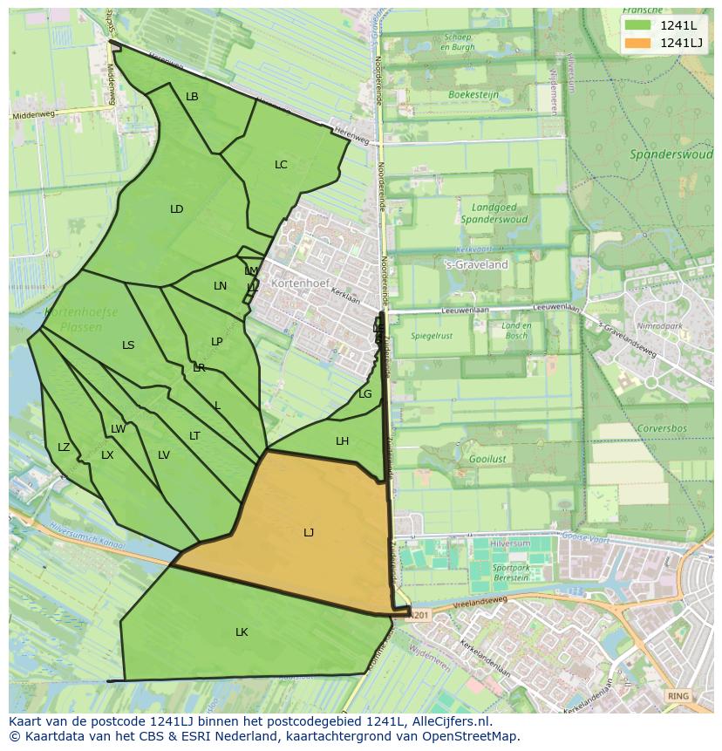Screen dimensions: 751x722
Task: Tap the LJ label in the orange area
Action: click(309, 532)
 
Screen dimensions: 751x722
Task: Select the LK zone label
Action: click(242, 632)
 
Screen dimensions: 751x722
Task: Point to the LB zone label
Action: click(192, 97)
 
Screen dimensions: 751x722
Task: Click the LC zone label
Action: click(281, 164)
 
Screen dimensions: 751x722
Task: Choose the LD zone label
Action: click(177, 208)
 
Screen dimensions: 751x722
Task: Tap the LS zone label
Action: click(128, 345)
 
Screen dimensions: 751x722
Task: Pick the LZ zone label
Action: click(64, 447)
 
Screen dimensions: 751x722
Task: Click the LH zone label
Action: click(342, 441)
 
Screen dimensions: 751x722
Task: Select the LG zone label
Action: click(365, 394)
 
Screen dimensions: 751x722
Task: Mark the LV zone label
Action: click(164, 454)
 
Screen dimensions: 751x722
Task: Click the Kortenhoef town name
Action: click(297, 283)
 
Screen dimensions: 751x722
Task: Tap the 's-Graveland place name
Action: click(476, 264)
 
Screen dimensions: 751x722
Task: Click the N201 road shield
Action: click(419, 615)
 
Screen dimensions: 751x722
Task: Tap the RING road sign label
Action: click(677, 695)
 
